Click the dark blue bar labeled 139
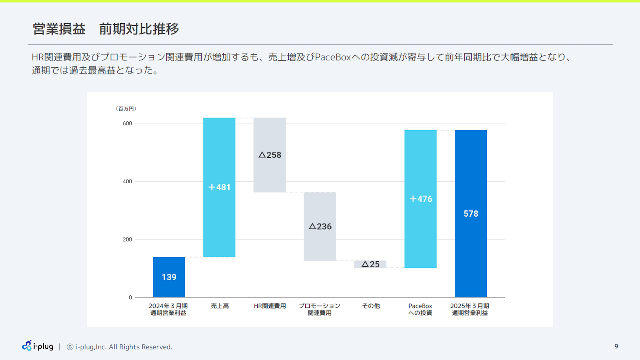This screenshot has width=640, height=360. (169, 277)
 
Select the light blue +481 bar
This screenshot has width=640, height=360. (219, 187)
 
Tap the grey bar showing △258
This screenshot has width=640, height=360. (270, 155)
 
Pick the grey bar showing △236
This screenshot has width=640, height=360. (320, 226)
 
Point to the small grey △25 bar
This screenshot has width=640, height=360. (370, 264)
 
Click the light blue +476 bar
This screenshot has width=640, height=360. (420, 199)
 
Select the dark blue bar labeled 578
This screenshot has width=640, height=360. (471, 214)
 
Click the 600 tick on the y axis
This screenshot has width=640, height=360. (127, 123)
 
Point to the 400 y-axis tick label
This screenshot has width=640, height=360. (127, 181)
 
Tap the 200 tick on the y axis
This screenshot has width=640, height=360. (127, 239)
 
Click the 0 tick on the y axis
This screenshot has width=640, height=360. (130, 297)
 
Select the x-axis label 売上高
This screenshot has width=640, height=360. (220, 306)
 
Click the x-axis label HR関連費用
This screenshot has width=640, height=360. (270, 306)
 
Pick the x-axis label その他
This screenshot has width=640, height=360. (371, 306)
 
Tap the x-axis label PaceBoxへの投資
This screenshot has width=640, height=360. (420, 309)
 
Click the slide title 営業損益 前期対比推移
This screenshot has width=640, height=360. (106, 29)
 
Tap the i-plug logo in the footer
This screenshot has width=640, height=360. (38, 346)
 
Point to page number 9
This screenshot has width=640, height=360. (616, 346)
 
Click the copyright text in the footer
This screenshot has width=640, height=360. (120, 347)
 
